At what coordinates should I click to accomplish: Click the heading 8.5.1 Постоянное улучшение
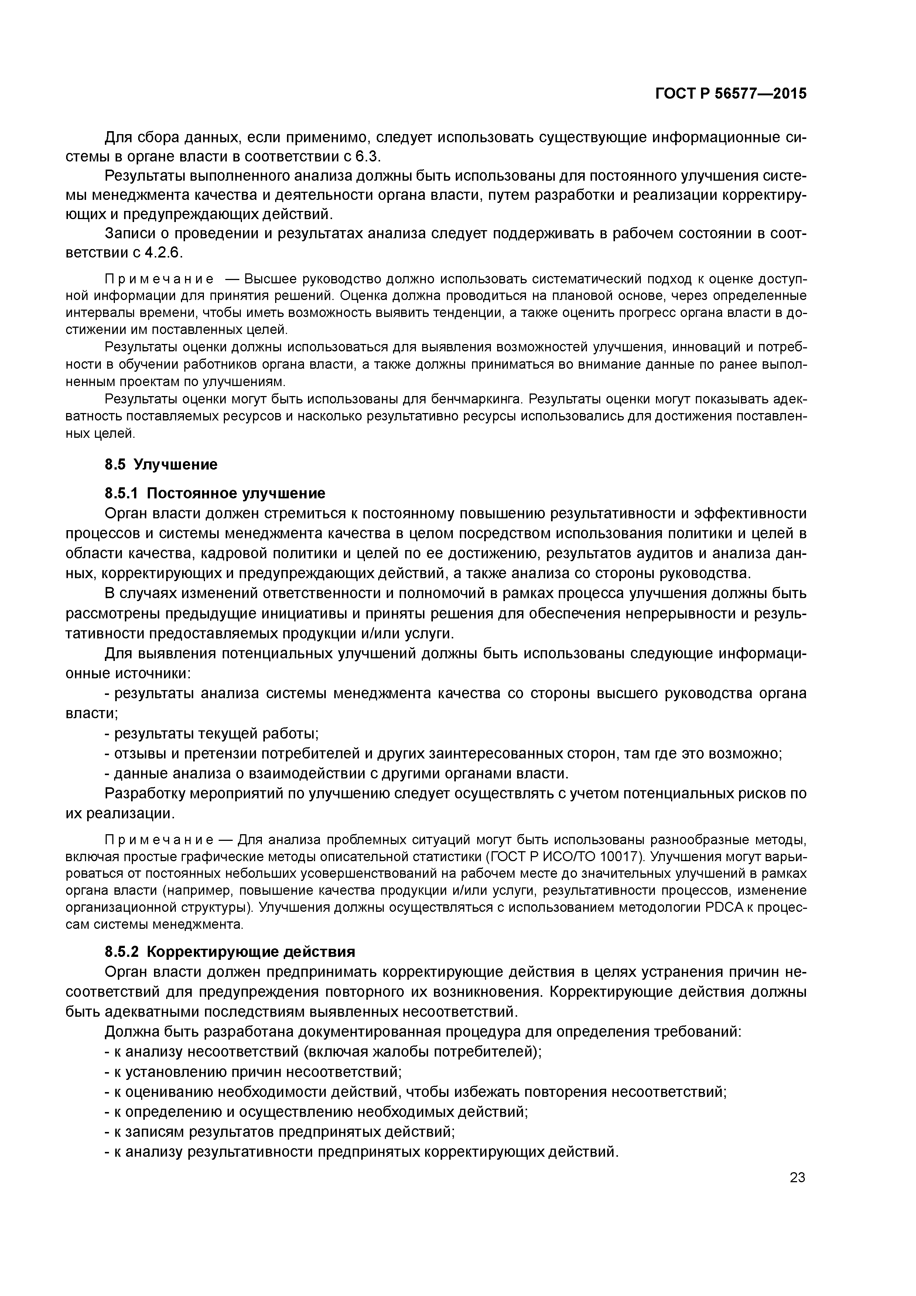tap(215, 493)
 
